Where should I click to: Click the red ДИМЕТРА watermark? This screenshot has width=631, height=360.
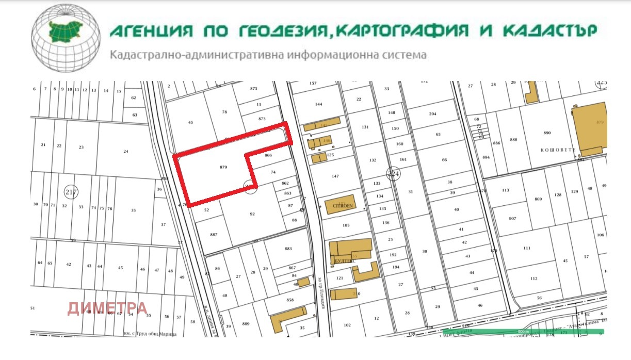(107, 308)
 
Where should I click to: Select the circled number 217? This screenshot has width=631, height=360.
(71, 192)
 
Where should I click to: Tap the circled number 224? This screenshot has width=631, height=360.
(394, 174)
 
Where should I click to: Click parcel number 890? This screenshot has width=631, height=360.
(547, 133)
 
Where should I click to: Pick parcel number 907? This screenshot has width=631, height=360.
(512, 219)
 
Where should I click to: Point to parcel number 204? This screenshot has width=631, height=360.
(432, 114)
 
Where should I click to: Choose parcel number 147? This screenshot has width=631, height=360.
(335, 176)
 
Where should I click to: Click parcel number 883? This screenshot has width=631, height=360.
(288, 249)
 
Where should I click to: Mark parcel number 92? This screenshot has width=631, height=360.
(252, 214)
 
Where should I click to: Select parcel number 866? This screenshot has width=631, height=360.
(268, 155)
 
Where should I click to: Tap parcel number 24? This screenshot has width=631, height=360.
(125, 152)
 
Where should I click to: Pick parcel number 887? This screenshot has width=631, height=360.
(214, 235)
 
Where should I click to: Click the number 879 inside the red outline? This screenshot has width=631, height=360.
(223, 167)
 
